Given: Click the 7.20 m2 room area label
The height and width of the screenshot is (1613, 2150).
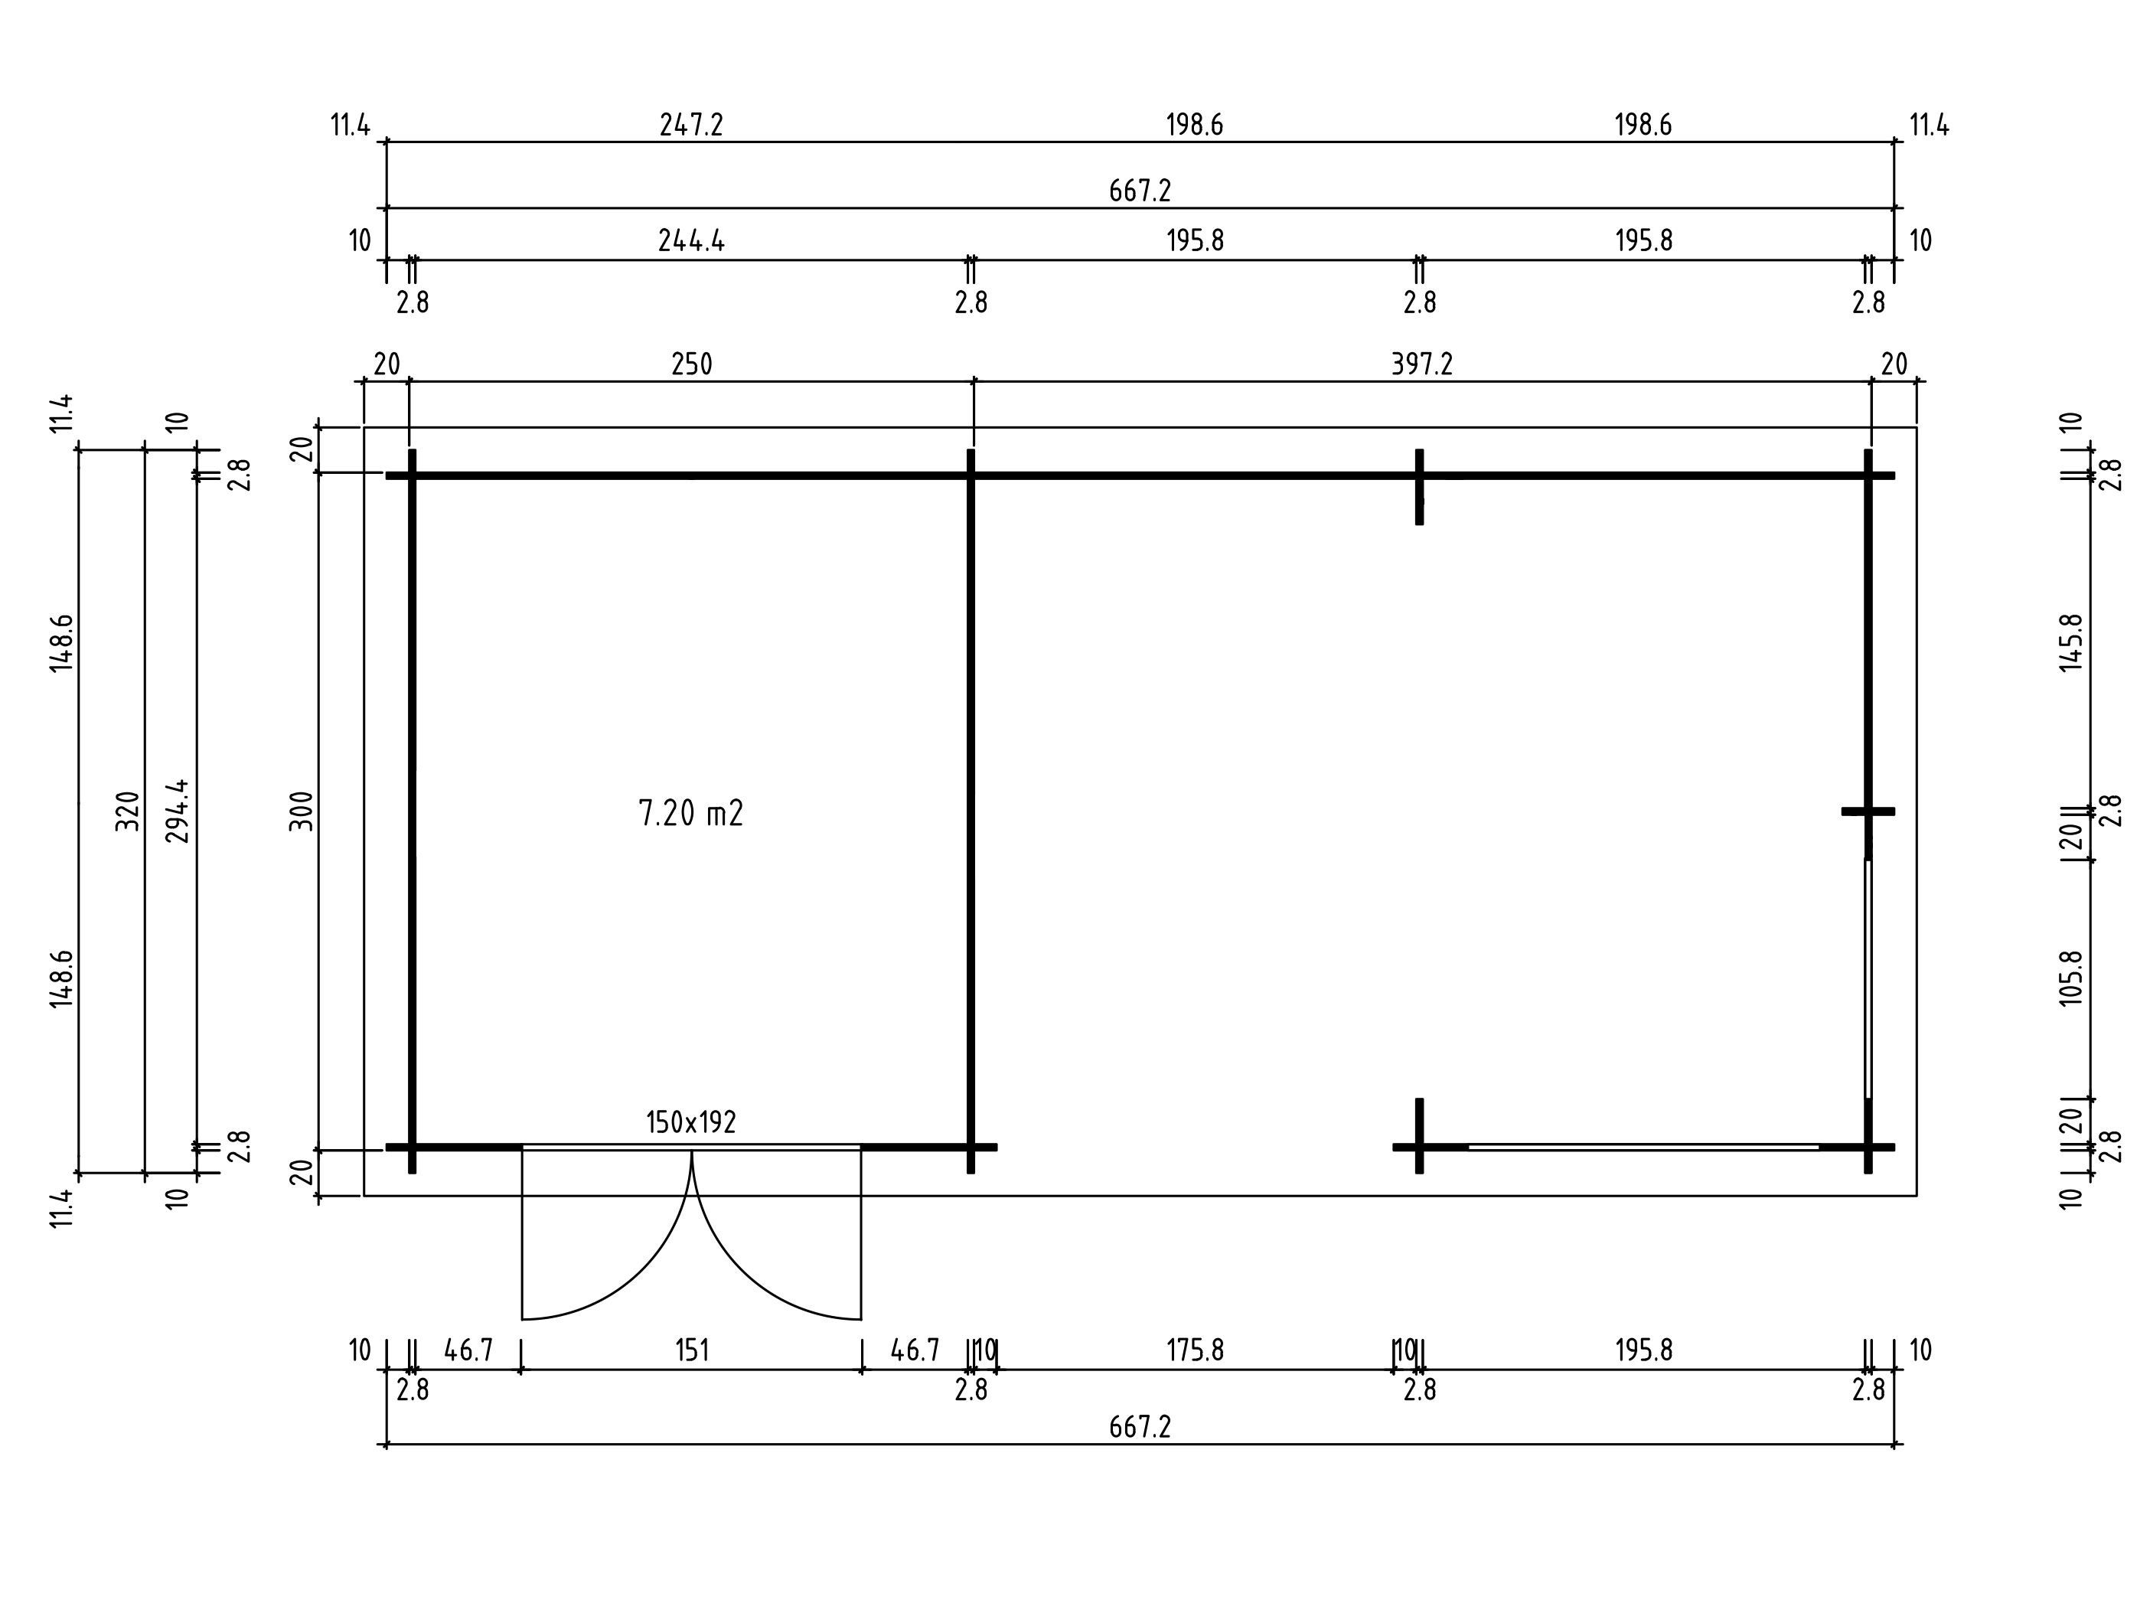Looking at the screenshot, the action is (691, 813).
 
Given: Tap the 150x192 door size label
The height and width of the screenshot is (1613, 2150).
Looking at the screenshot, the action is (691, 1123).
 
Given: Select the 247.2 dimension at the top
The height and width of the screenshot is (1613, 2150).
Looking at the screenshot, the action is (691, 126).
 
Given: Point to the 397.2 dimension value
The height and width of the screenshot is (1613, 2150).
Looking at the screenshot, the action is (1422, 364).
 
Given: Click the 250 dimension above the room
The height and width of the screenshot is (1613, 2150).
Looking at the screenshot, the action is (691, 364).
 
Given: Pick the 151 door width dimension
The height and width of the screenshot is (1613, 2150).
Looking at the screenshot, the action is (691, 1350).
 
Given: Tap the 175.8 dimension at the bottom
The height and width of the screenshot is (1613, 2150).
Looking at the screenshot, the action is (1195, 1350).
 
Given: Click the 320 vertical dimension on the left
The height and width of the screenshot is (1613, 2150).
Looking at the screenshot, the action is (127, 811).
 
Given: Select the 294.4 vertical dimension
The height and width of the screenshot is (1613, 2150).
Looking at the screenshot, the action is (178, 811).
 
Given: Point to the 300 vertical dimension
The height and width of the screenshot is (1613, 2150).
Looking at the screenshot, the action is (303, 811).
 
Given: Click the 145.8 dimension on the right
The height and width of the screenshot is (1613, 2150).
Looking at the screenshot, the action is (2071, 642).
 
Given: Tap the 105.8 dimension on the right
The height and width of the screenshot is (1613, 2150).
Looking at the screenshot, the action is (2071, 979).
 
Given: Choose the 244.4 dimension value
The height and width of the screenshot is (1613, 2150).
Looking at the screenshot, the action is (691, 240).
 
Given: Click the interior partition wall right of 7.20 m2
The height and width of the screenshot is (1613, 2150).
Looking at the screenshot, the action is (970, 811).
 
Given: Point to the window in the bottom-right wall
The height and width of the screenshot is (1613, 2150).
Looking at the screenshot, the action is (1643, 1148).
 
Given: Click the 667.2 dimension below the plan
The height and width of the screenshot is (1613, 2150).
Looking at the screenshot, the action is (1140, 1427).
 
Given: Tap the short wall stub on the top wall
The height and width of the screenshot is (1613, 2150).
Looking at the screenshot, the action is (1419, 487).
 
